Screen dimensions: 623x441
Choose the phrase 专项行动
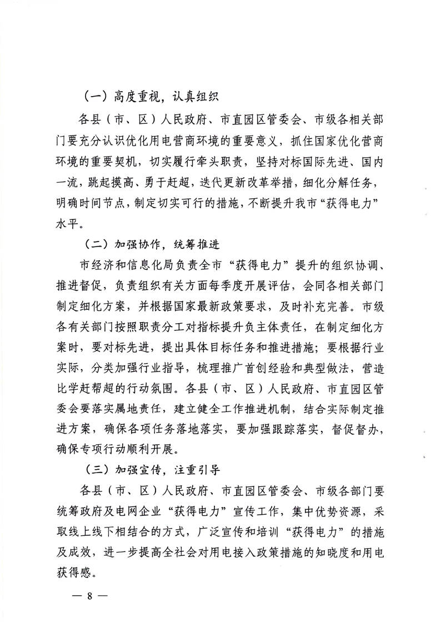(x=126, y=445)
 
